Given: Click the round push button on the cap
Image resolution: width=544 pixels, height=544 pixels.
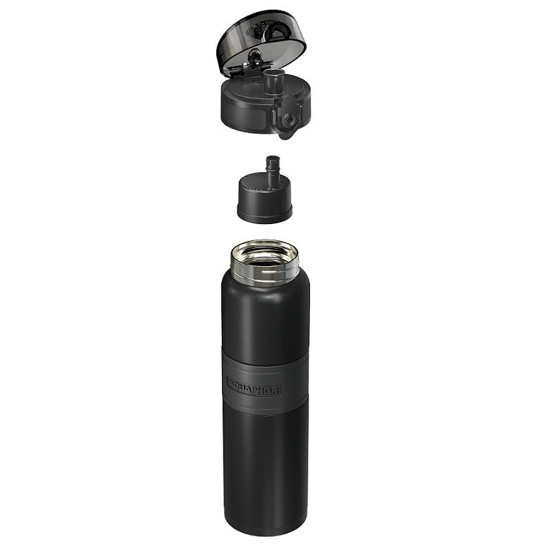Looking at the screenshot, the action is click(288, 120).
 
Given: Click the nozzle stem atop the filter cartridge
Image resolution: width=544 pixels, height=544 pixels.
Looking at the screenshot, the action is click(273, 171).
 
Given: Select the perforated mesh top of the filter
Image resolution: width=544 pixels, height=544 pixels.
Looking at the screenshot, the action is click(255, 183).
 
